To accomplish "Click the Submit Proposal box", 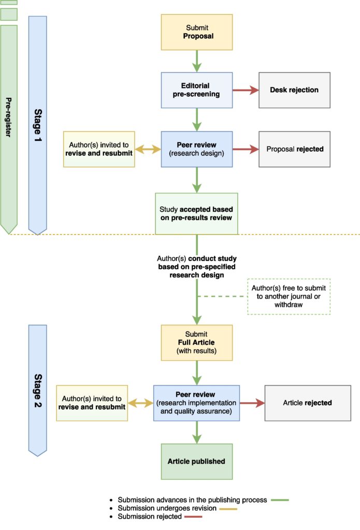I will click(197, 32).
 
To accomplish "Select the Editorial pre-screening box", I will click(197, 90).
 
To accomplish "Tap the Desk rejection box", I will click(294, 90).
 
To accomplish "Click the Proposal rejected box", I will click(294, 149).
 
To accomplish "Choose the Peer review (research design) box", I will click(197, 149).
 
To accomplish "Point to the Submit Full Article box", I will click(197, 343).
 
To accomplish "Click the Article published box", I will click(197, 461).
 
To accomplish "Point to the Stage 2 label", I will click(38, 391).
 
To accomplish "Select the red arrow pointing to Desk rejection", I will click(246, 90).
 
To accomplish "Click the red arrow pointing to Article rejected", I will click(252, 403).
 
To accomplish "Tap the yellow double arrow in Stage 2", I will click(140, 403).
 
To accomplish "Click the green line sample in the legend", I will click(278, 500).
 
